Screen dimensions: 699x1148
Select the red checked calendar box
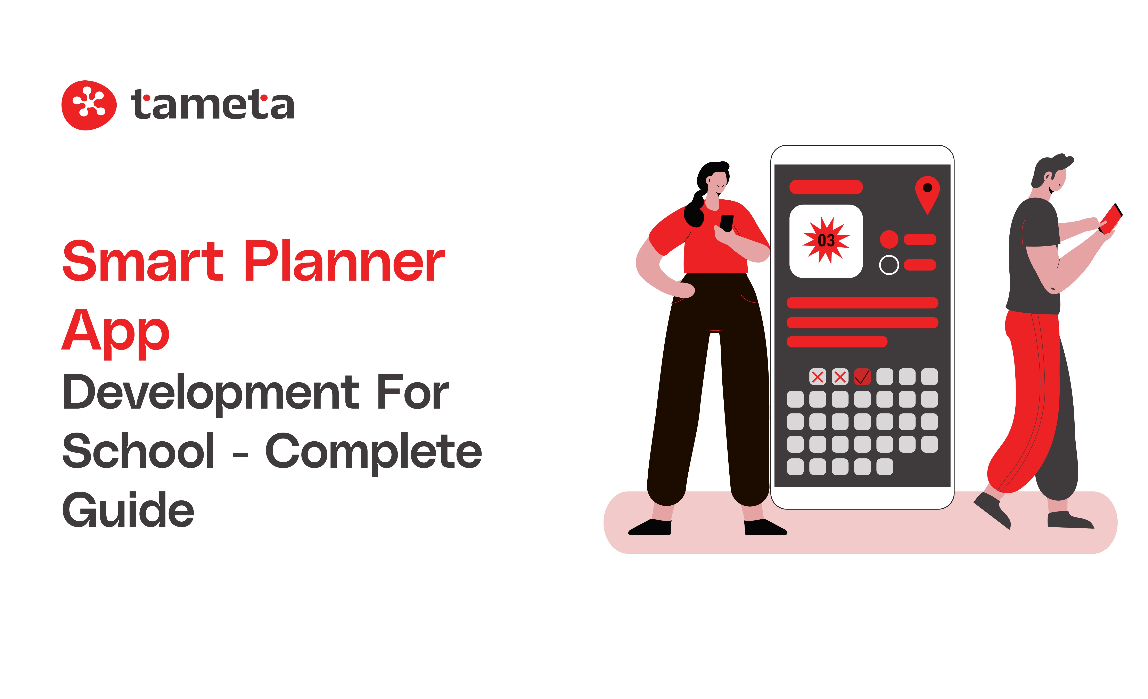[862, 377]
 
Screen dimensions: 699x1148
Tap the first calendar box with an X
[818, 377]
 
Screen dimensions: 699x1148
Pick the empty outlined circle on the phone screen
[888, 265]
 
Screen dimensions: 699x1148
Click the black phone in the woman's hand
[726, 223]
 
